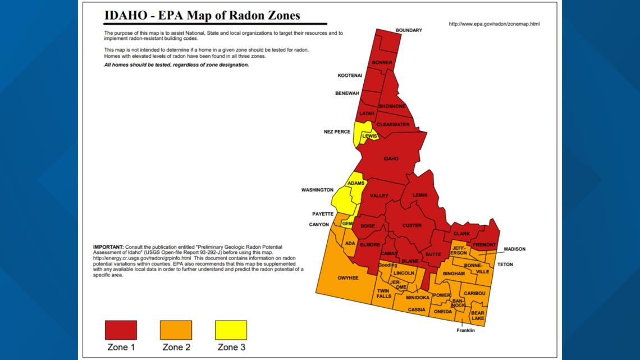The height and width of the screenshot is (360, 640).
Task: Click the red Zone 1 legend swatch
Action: (x=121, y=330)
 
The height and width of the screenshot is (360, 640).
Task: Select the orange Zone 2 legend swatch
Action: (x=176, y=330)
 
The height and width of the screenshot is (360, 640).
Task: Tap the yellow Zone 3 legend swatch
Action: (x=231, y=330)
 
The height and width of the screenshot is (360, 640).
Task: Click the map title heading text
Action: (x=202, y=16)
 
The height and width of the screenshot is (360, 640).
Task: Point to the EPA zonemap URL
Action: (x=495, y=24)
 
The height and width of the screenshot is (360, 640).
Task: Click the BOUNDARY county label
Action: (x=409, y=30)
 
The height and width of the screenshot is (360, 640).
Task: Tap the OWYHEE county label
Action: (x=348, y=277)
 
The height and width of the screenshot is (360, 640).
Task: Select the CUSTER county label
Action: (x=412, y=226)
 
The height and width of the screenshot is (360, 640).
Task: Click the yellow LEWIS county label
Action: (x=369, y=136)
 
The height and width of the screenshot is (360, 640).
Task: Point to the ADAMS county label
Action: (x=356, y=184)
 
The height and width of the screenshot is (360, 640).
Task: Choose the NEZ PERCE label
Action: (x=337, y=132)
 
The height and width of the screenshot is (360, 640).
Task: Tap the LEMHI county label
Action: (x=420, y=195)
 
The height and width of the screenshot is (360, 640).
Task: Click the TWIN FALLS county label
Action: (x=384, y=293)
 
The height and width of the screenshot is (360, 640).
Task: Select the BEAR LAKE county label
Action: (x=478, y=316)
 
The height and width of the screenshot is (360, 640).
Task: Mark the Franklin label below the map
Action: (x=465, y=330)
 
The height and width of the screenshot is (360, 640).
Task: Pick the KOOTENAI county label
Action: (x=350, y=75)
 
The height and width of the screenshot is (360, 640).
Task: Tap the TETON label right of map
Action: (x=505, y=265)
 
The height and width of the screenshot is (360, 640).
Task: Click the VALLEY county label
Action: (x=379, y=195)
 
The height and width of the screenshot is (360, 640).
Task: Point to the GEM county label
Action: (x=347, y=224)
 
